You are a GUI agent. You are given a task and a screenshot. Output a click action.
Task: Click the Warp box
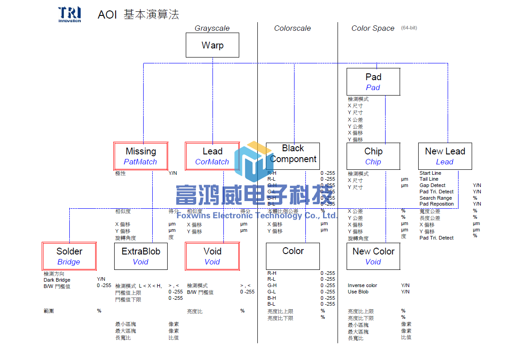[x=212, y=45]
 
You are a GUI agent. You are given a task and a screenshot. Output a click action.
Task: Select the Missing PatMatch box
[x=140, y=156]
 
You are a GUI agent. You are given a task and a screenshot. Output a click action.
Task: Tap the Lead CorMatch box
[x=212, y=156]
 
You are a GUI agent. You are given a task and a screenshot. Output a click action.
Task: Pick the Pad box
[x=373, y=82]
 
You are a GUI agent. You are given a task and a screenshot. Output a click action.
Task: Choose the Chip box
[x=373, y=156]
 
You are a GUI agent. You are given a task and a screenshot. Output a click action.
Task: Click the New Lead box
[x=445, y=156]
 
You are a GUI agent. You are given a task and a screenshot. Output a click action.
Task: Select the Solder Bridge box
[x=69, y=256]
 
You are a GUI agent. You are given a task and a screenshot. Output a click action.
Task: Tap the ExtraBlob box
[x=140, y=256]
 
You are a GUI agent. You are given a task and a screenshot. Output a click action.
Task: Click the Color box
[x=293, y=256]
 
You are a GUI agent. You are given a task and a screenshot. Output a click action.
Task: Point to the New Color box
[x=373, y=256]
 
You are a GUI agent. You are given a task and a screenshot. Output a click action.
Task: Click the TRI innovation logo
[x=70, y=14]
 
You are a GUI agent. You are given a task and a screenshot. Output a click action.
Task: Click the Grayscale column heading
[x=212, y=28]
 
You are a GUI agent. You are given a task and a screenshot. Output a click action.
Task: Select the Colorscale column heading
[x=292, y=28]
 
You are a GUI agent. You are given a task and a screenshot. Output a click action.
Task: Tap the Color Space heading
[x=373, y=28]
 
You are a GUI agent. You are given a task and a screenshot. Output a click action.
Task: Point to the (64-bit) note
[x=409, y=28]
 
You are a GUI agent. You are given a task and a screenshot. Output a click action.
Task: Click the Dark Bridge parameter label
[x=57, y=280]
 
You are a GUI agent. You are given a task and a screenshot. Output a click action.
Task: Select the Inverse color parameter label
[x=362, y=285]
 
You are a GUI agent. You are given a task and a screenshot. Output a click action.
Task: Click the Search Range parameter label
[x=435, y=198]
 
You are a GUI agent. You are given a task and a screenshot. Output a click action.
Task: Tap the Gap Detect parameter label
[x=432, y=185]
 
